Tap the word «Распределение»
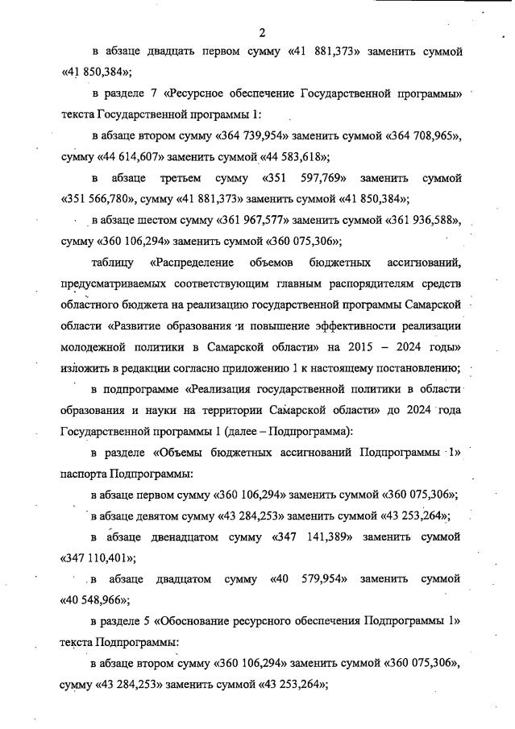(x=194, y=263)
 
